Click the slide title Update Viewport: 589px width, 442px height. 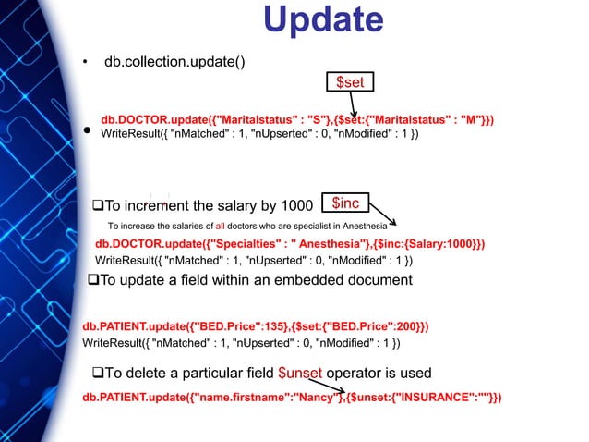coord(323,21)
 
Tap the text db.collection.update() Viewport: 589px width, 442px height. coord(174,62)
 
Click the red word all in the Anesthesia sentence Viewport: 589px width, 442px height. coord(222,226)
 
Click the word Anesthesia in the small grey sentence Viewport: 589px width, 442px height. coord(368,226)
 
